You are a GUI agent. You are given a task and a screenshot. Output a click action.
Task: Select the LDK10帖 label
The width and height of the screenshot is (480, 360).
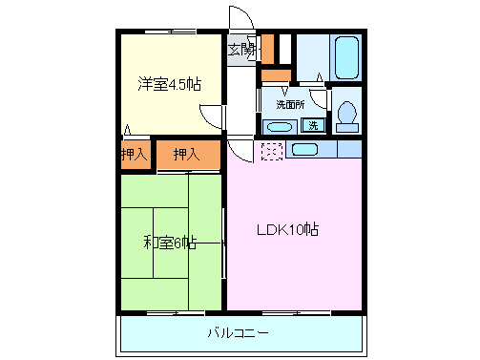(286, 229)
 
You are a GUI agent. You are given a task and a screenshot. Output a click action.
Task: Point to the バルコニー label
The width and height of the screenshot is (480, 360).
(239, 333)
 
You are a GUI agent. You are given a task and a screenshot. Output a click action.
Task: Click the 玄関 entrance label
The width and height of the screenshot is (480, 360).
(241, 50)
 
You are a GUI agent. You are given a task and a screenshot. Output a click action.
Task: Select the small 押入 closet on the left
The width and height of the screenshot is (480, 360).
(135, 154)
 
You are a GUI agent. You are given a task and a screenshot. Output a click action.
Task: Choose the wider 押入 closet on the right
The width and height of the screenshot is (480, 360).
(185, 153)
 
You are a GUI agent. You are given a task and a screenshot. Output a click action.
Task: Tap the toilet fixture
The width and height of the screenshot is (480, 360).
(346, 114)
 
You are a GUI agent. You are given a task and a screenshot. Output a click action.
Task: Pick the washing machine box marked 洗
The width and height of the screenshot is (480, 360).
(312, 125)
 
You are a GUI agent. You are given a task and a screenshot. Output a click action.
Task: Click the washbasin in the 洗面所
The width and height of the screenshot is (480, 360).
(280, 126)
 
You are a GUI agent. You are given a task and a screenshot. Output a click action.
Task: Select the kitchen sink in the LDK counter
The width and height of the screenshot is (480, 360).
(304, 149)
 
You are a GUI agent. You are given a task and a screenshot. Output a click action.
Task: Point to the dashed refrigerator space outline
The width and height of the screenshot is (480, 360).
(272, 150)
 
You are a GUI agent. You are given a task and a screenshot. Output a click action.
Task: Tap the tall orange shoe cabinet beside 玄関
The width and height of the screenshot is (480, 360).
(268, 48)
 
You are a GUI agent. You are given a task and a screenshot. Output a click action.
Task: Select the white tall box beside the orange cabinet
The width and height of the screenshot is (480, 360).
(284, 48)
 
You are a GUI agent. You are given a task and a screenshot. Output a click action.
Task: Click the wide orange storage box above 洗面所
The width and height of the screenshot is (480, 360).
(276, 74)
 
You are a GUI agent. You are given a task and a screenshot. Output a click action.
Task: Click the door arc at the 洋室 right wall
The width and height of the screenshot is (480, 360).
(219, 116)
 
